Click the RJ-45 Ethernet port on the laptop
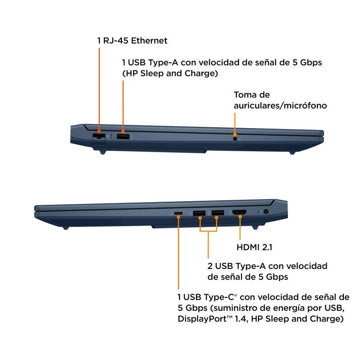point(98,136)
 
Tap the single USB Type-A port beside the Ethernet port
point(123,137)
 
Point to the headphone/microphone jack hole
point(235,139)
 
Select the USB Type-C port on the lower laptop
point(178,213)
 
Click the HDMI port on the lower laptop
point(240,212)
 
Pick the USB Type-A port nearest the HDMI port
point(218,213)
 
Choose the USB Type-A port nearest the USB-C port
point(199,213)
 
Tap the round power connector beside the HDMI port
point(266,211)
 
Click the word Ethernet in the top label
point(149,41)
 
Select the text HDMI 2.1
point(255,247)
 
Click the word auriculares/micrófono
point(280,106)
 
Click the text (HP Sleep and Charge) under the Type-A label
point(170,74)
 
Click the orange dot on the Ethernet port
point(99,131)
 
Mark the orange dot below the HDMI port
point(240,217)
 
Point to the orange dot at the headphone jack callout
point(235,135)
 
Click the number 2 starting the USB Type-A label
point(210,266)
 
